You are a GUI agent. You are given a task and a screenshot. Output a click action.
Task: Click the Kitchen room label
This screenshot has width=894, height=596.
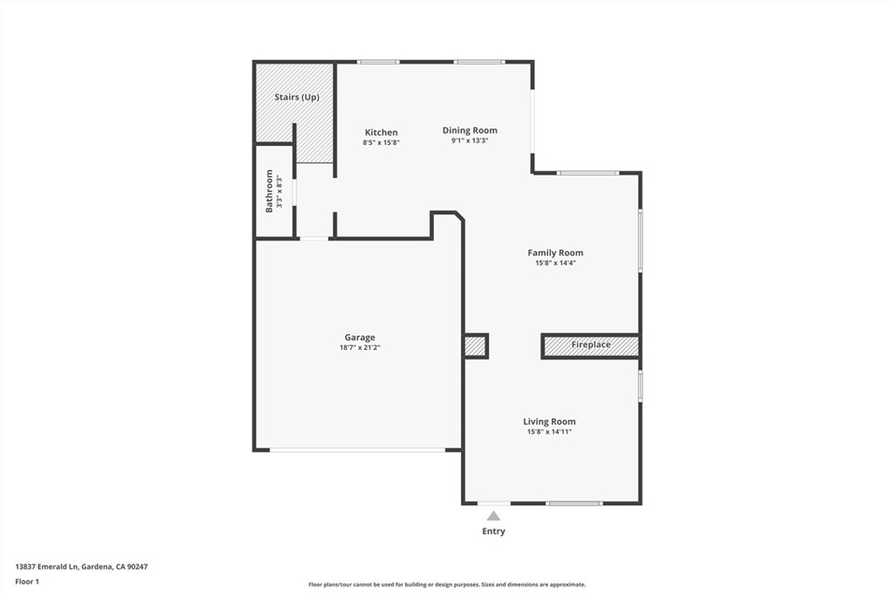(381, 133)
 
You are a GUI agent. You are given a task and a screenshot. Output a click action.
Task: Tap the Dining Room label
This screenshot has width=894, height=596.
(469, 131)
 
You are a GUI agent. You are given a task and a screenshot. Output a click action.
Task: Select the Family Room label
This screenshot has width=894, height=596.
(554, 253)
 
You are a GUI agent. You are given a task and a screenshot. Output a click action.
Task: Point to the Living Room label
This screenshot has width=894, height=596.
(549, 421)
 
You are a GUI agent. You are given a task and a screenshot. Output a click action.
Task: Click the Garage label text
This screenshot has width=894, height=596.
(360, 338)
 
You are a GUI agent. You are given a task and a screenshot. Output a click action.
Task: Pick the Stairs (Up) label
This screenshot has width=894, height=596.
(297, 98)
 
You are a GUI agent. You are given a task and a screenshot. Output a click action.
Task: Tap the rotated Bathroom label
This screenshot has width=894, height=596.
(270, 191)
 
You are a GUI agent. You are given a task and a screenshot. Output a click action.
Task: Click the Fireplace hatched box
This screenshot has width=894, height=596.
(590, 346)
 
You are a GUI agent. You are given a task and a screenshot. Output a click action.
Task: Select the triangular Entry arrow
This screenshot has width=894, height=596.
(493, 516)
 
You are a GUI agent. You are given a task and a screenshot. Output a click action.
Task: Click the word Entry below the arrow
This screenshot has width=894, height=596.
(493, 531)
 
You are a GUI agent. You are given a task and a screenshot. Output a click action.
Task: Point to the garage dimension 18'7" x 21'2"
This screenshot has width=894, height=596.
(360, 347)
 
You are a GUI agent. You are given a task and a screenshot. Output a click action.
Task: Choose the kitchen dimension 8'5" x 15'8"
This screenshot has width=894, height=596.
(381, 142)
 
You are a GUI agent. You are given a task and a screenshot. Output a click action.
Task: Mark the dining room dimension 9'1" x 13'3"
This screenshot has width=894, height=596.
(469, 140)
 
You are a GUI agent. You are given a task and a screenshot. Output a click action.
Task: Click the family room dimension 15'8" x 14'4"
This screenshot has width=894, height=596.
(554, 263)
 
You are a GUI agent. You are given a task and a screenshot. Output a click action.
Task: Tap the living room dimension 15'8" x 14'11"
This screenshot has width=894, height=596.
(549, 432)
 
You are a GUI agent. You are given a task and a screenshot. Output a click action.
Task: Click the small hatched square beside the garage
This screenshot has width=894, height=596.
(475, 346)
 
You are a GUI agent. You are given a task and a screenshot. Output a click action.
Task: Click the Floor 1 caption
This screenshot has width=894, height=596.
(27, 581)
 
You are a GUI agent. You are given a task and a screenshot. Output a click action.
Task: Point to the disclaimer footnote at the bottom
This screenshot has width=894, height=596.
(446, 585)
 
